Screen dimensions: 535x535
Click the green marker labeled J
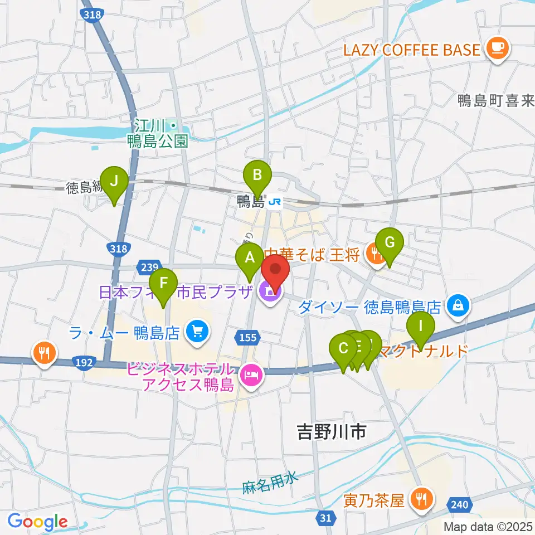[x=114, y=182]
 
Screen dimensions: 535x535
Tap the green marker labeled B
[x=257, y=176]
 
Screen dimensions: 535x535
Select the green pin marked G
[x=390, y=243]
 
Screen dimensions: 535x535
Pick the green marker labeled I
[x=421, y=324]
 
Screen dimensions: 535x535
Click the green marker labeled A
[x=249, y=257]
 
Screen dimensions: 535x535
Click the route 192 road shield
[x=83, y=363]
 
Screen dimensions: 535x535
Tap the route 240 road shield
[x=458, y=505]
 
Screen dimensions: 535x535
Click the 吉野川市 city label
[x=332, y=432]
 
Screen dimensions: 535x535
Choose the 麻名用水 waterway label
[x=270, y=483]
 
